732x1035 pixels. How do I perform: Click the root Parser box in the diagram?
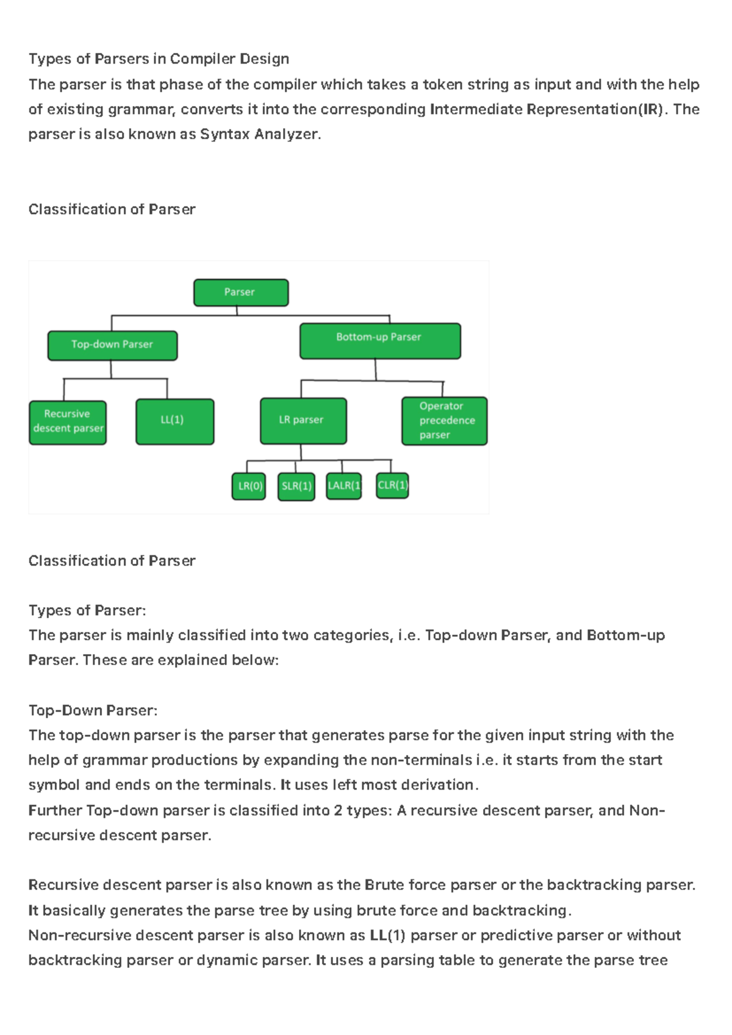[241, 292]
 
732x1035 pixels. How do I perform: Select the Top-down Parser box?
[113, 345]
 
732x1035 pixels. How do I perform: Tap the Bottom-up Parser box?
[380, 341]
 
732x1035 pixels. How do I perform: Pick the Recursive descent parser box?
[68, 423]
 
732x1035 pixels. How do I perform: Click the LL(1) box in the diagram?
[175, 422]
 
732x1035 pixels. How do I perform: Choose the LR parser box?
[303, 421]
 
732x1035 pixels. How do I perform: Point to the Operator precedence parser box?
[444, 421]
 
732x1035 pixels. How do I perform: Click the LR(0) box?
[249, 486]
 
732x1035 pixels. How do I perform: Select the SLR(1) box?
[296, 486]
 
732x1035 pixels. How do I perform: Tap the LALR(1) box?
[344, 486]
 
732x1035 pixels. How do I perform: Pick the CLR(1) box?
[393, 486]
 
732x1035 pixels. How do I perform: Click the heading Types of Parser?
[87, 610]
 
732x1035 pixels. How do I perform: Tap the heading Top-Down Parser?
[93, 710]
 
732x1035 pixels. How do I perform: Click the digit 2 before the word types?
[338, 811]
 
